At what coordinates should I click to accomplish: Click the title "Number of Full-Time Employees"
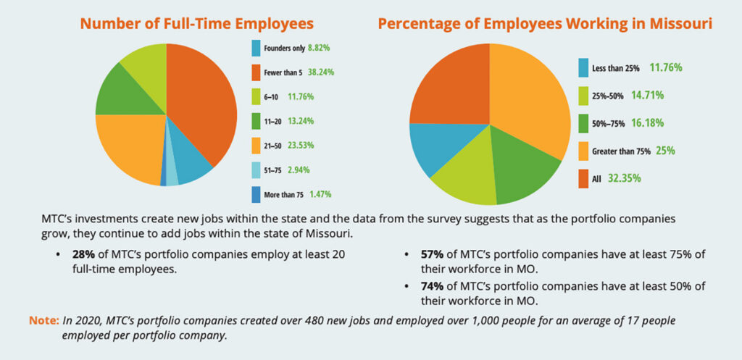[x=196, y=23]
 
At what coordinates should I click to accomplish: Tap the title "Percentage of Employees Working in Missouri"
[x=544, y=23]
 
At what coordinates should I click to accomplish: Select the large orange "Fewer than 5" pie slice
[x=207, y=101]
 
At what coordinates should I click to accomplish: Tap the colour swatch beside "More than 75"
[x=256, y=194]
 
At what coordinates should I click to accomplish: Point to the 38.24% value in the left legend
[x=320, y=72]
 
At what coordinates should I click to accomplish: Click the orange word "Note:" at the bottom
[x=43, y=319]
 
